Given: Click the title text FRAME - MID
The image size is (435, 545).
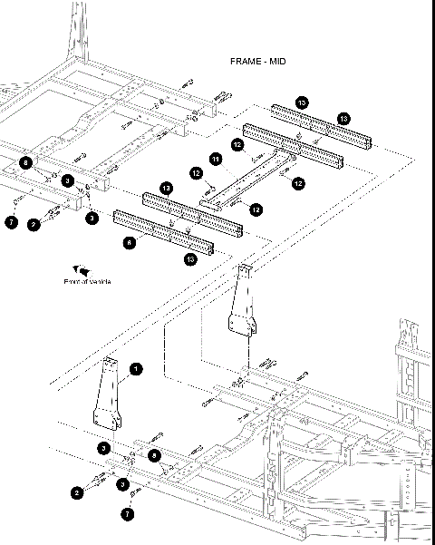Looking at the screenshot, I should click(x=259, y=61).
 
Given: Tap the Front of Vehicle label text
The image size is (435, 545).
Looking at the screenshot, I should click(x=87, y=281).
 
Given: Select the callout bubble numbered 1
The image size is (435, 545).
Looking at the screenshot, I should click(x=135, y=368).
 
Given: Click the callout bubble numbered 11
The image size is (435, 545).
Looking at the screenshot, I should click(x=216, y=160).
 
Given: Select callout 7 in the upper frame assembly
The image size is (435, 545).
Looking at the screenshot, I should click(x=12, y=221).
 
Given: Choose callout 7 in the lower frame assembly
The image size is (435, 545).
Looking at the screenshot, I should click(x=128, y=513).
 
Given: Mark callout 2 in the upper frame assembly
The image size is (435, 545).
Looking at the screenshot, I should click(x=34, y=223).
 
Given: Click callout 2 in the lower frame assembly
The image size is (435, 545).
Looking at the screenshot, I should click(x=78, y=492).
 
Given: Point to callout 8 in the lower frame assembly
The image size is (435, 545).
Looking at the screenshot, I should click(x=155, y=453).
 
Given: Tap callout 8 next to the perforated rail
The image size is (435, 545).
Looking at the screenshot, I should click(x=130, y=243).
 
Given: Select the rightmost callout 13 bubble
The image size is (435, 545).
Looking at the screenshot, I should click(x=343, y=119).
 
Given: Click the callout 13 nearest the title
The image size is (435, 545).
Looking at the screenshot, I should click(x=302, y=102).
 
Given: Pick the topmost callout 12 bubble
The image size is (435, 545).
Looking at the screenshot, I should click(x=237, y=144).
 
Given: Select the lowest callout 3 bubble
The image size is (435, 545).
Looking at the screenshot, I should click(x=123, y=484).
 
